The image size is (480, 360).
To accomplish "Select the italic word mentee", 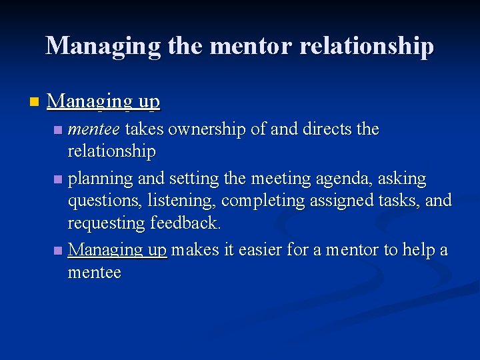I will click(x=94, y=129).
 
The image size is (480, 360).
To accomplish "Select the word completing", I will click(x=264, y=201).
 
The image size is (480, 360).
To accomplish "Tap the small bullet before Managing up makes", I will click(x=59, y=251).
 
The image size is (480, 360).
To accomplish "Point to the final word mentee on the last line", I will click(x=94, y=273).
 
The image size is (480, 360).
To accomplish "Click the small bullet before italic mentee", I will click(x=59, y=129).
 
